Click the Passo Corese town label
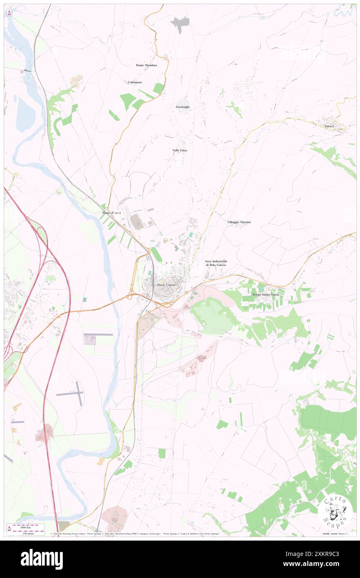(x=166, y=284)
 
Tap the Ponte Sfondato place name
(x=146, y=65)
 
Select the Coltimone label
(x=135, y=82)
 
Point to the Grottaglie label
(x=182, y=107)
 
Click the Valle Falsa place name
(x=180, y=150)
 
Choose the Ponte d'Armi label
(x=111, y=213)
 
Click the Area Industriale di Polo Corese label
(x=216, y=263)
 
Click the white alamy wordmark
(x=42, y=559)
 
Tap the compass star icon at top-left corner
(x=9, y=13)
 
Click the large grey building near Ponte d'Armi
(x=137, y=221)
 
